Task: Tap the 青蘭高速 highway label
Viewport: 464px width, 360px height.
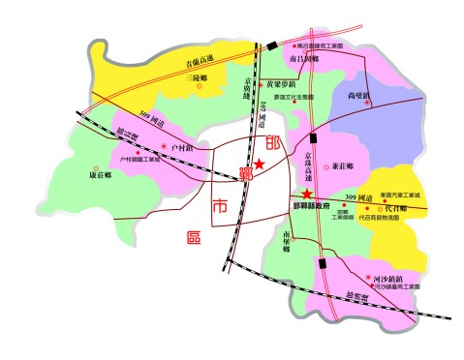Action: tap(172, 59)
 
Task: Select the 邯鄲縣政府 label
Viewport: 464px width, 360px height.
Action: tap(312, 206)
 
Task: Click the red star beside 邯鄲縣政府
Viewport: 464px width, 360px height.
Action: tap(307, 195)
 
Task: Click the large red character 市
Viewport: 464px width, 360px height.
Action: tap(220, 206)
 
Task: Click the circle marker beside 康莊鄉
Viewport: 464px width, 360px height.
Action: tap(95, 165)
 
